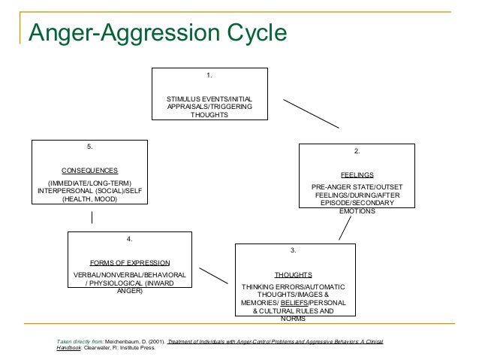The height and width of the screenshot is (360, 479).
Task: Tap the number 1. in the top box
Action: coord(209,77)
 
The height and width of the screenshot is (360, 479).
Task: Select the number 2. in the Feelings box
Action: coord(357,153)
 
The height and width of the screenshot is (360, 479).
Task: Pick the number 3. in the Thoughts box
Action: coord(293,250)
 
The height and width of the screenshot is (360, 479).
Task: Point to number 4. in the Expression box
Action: coord(130,239)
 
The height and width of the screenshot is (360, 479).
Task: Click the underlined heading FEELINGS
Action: coord(357,174)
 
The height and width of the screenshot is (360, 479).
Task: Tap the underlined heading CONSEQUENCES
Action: coord(89,170)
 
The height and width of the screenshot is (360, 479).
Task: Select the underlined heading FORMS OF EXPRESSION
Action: coord(130,263)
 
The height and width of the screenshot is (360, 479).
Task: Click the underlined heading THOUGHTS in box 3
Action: coord(293,274)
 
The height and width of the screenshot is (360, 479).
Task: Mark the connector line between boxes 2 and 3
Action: coord(345,228)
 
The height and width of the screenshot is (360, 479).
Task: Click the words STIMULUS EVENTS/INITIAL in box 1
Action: coord(209,99)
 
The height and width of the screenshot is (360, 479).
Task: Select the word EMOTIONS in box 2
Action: coord(357,211)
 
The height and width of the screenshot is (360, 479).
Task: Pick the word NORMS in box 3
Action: coord(293,319)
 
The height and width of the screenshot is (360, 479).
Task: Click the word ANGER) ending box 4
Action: coord(130,291)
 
